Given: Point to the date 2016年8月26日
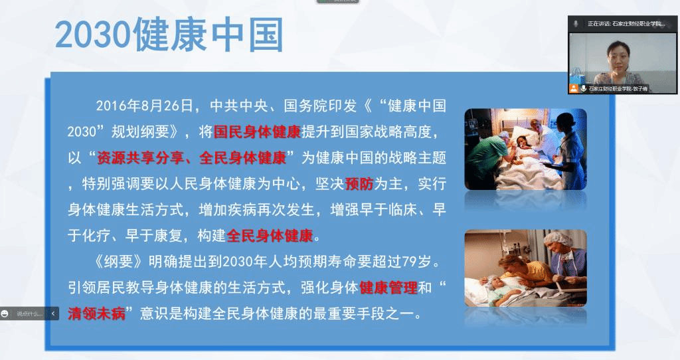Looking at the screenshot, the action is (144, 106).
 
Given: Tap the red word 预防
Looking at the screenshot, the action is (359, 184).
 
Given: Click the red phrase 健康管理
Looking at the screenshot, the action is (388, 288).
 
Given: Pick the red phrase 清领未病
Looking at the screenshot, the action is (96, 314).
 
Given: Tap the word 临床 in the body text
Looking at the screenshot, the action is (403, 210).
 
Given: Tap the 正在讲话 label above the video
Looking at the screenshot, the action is (599, 24).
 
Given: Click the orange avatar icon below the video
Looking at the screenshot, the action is (574, 88).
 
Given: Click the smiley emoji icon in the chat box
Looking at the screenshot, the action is (5, 314).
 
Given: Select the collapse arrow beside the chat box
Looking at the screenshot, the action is (53, 313).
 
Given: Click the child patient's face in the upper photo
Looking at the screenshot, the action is (521, 142).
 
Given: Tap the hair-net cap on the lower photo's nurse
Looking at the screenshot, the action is (557, 238).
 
